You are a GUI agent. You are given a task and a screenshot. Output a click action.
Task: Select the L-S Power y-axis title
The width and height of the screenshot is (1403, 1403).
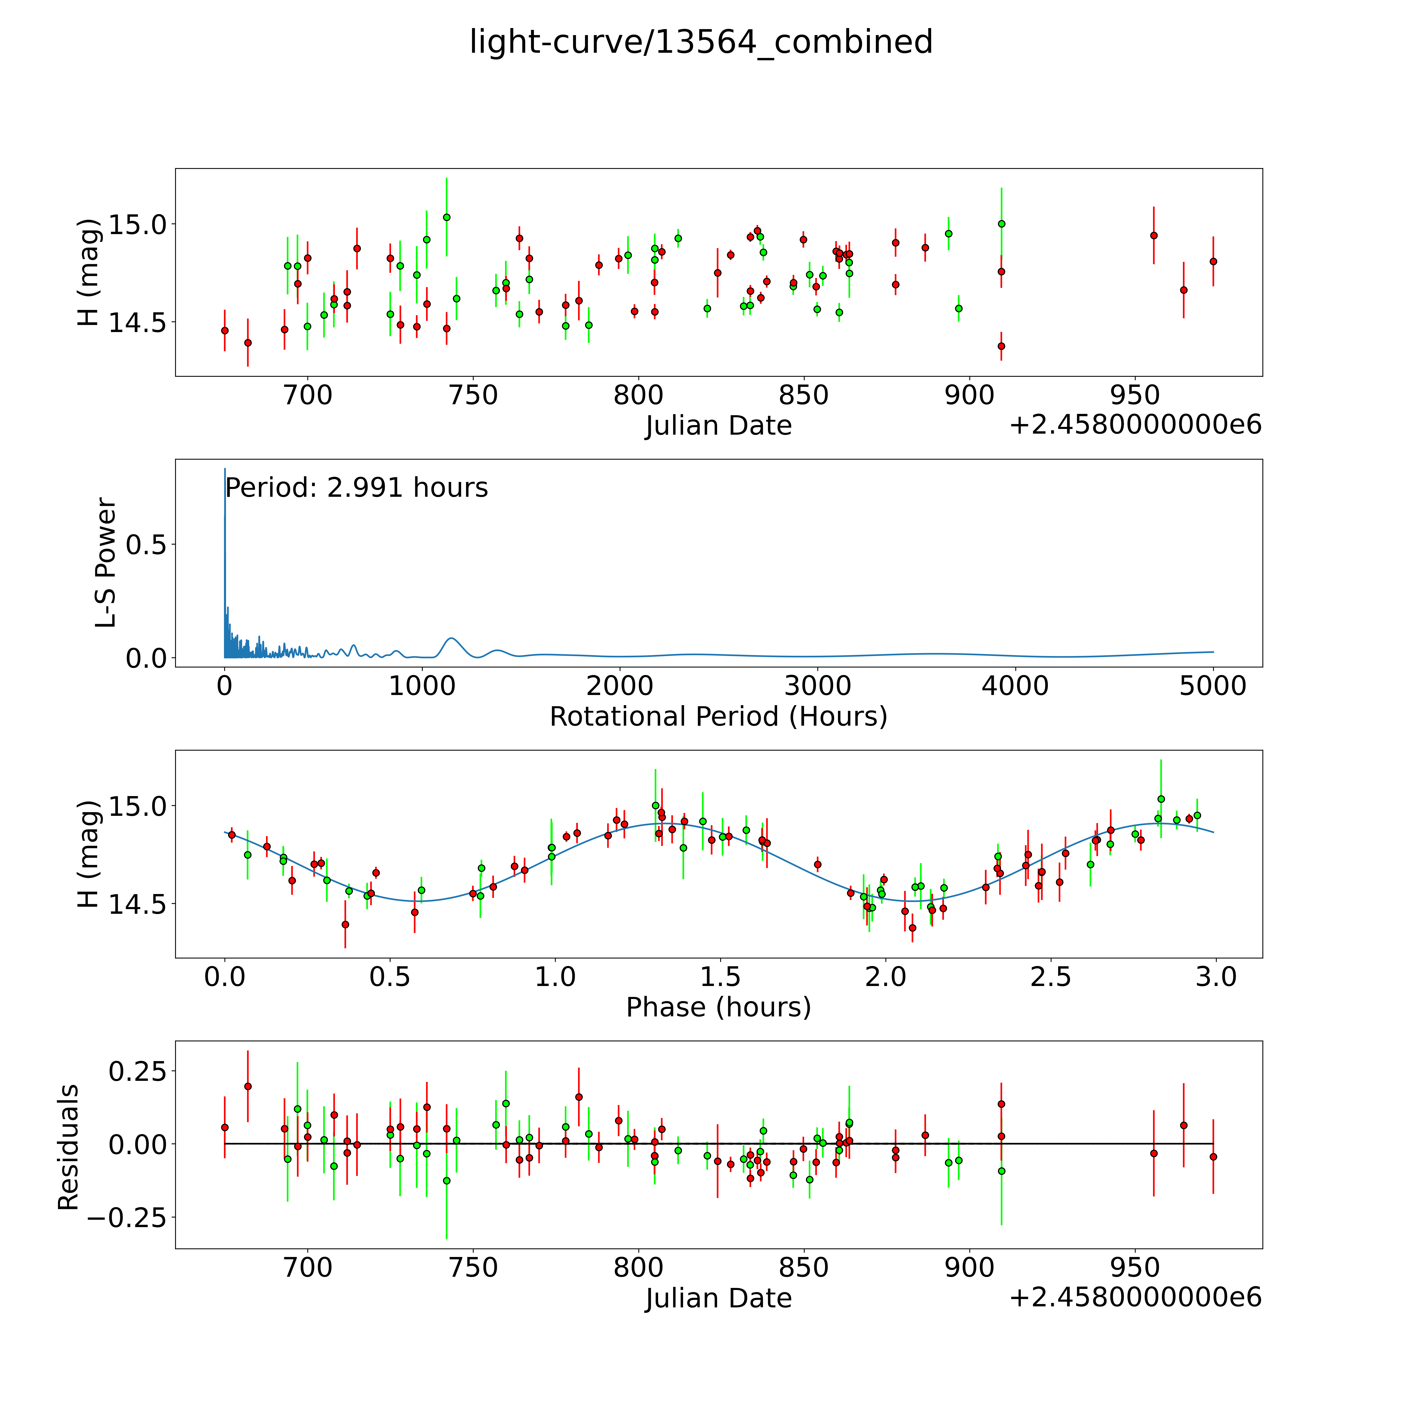(x=106, y=563)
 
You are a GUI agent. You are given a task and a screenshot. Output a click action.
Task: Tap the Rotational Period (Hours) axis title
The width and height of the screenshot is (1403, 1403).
(x=718, y=717)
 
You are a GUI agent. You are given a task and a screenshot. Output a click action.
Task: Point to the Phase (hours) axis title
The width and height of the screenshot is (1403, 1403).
(x=718, y=1007)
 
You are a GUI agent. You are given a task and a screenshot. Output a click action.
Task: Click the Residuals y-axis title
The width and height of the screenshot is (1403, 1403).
(x=68, y=1147)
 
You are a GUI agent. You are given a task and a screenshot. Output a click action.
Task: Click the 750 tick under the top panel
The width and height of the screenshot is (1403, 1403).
(x=473, y=396)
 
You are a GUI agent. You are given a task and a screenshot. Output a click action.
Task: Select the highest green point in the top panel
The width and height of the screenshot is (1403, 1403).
(x=447, y=217)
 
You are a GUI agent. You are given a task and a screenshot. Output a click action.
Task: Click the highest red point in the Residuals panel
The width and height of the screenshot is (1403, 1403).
(x=248, y=1086)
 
